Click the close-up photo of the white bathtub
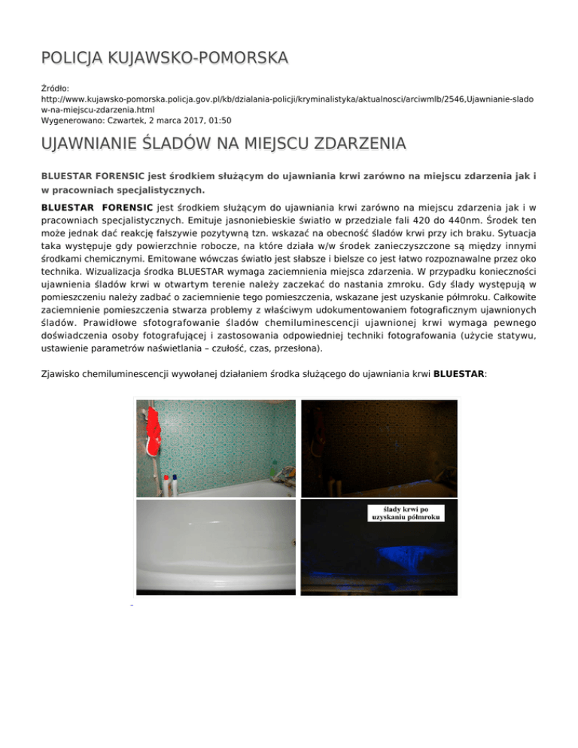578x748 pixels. click(215, 547)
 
